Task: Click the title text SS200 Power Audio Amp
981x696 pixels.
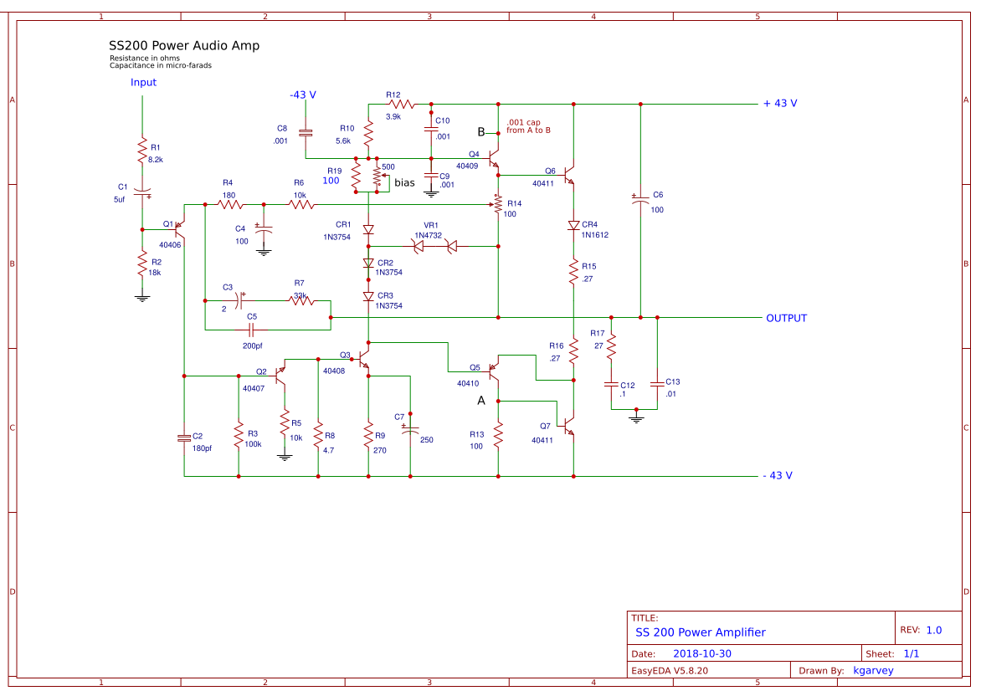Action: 184,46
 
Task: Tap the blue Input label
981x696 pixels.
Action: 143,83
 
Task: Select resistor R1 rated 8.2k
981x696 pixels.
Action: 142,151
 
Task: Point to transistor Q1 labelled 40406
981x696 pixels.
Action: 180,228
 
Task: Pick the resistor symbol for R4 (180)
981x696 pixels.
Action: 229,204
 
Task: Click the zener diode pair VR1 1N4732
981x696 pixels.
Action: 434,246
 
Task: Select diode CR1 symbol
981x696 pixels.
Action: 368,229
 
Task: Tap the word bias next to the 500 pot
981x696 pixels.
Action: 404,182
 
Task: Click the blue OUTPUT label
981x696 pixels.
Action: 786,319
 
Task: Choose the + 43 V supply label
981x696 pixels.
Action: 779,104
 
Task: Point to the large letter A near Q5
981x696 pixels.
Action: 481,402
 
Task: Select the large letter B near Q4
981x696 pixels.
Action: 481,132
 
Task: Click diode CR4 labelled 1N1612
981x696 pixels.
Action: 573,226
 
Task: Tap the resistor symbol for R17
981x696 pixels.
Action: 611,344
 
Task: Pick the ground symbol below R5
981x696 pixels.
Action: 285,457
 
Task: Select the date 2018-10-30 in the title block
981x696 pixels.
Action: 702,653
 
